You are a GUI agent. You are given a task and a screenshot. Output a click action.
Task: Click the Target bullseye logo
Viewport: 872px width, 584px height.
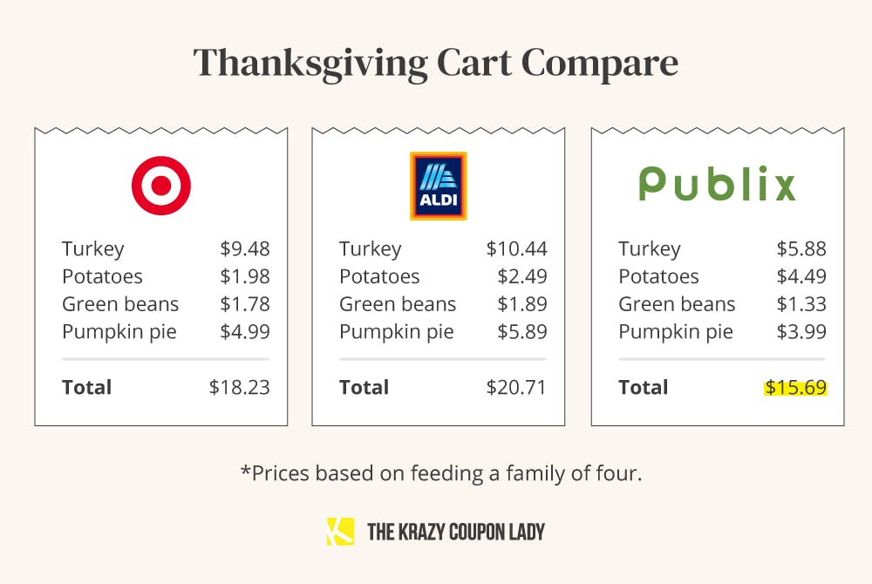pos(161,186)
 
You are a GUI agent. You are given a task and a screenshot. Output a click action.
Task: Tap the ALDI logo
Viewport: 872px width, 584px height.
pos(438,186)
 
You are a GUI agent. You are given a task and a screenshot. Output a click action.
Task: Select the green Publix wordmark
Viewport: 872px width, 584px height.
pos(717,184)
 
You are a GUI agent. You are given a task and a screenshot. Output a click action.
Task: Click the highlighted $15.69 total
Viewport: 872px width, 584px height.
pos(795,387)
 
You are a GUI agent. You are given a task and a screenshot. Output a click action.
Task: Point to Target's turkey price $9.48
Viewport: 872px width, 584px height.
pos(245,248)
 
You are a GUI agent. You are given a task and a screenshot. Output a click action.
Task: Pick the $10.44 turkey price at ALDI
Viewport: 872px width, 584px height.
pos(517,248)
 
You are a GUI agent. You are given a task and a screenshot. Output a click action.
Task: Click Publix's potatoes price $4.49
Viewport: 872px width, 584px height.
pos(801,276)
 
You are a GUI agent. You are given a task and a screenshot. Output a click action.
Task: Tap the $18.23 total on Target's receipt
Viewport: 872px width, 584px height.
pos(240,387)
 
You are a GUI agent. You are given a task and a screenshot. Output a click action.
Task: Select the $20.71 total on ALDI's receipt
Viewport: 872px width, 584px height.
pos(517,387)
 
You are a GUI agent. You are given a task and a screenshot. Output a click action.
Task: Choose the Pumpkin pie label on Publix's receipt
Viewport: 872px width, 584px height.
pos(676,332)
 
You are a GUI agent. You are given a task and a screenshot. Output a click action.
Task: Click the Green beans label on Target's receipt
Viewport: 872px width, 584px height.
pos(120,304)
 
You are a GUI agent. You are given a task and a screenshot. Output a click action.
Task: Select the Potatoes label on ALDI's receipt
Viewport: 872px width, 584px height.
pos(379,276)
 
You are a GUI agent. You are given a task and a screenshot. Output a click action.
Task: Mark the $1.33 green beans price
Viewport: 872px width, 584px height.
pos(801,304)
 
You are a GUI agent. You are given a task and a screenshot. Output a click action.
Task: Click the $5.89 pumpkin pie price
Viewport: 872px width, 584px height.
pos(522,332)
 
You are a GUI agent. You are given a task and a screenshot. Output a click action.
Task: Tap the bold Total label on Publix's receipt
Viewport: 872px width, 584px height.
pos(644,387)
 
